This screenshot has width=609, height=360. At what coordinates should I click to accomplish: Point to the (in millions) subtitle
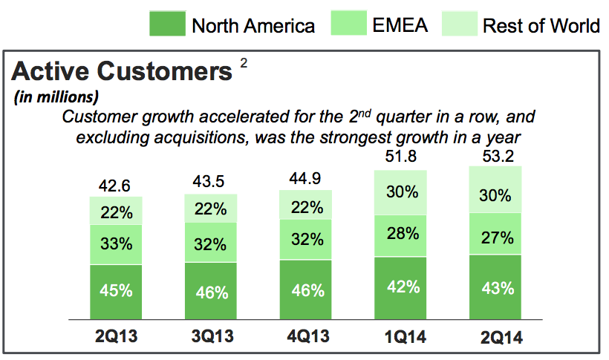pos(56,96)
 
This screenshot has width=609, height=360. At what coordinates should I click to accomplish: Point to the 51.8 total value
pos(401,157)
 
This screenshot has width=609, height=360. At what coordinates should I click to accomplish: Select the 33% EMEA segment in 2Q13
pos(116,244)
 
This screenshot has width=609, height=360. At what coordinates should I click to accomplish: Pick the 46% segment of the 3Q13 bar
pos(211,291)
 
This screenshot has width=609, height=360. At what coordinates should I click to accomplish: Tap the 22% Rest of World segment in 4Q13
pos(306,208)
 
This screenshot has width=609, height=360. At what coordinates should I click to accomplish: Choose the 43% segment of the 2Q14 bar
pos(495,288)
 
